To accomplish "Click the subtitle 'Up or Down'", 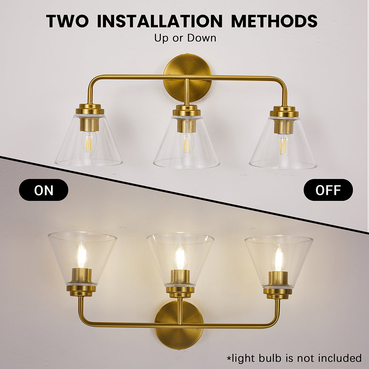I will pyautogui.click(x=185, y=38).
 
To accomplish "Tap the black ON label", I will pyautogui.click(x=44, y=190).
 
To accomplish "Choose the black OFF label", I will pyautogui.click(x=328, y=190).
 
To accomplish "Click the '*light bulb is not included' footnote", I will pyautogui.click(x=294, y=358).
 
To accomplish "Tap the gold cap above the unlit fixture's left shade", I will pyautogui.click(x=90, y=109).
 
